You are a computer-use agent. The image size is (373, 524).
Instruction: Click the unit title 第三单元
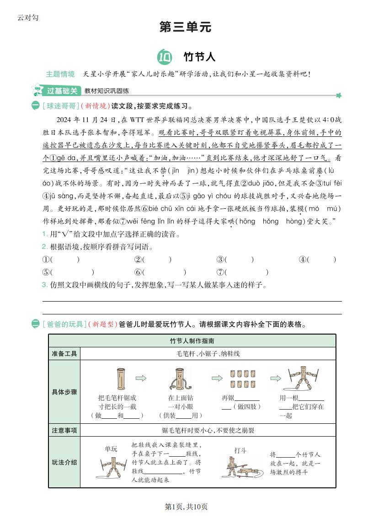186,27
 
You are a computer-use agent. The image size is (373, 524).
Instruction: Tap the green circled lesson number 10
164,57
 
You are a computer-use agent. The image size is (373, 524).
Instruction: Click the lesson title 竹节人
199,57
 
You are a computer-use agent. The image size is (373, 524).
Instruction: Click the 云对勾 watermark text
28,17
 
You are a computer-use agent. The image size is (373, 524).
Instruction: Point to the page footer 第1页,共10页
186,507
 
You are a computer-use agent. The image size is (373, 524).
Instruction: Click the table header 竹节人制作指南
192,341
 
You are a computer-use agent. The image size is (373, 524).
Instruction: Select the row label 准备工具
64,354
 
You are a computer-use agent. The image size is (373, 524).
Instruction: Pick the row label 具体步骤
64,392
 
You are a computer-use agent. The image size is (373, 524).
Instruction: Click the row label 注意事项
64,430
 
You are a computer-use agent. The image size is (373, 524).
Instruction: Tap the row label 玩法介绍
64,462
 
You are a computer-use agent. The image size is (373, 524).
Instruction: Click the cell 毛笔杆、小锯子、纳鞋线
208,354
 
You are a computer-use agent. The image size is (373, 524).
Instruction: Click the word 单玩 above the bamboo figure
111,449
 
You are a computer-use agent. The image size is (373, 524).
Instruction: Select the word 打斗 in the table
240,450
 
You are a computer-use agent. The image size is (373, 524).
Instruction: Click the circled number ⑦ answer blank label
220,272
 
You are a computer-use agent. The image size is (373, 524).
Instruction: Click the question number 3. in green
45,285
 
